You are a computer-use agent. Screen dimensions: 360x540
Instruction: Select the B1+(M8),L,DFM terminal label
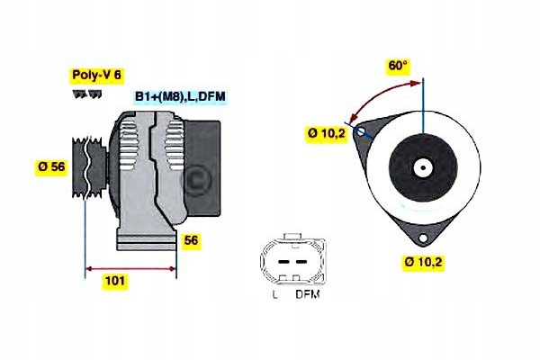[x=179, y=95]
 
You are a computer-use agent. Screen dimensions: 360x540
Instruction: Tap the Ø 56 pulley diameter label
[x=51, y=166]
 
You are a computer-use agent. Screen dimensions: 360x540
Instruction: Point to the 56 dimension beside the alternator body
[x=191, y=240]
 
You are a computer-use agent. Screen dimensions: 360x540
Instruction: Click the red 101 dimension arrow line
[x=130, y=268]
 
